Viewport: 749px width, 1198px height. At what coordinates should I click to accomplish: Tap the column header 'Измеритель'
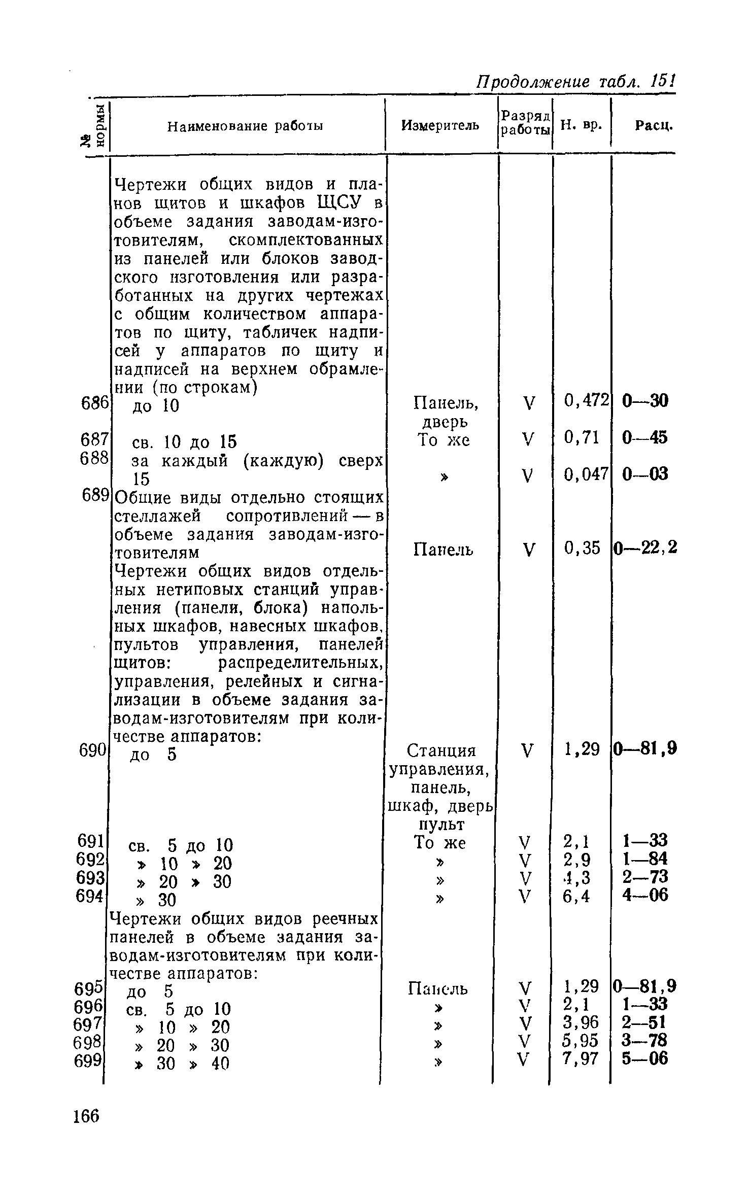(440, 125)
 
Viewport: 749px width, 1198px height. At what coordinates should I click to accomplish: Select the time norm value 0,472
(586, 401)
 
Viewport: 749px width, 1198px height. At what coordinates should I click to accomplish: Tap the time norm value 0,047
(586, 474)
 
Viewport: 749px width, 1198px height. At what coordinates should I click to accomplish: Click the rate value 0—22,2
(645, 548)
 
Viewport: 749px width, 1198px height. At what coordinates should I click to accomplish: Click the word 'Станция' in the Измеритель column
(441, 750)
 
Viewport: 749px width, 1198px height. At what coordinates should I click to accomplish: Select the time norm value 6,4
(577, 897)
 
